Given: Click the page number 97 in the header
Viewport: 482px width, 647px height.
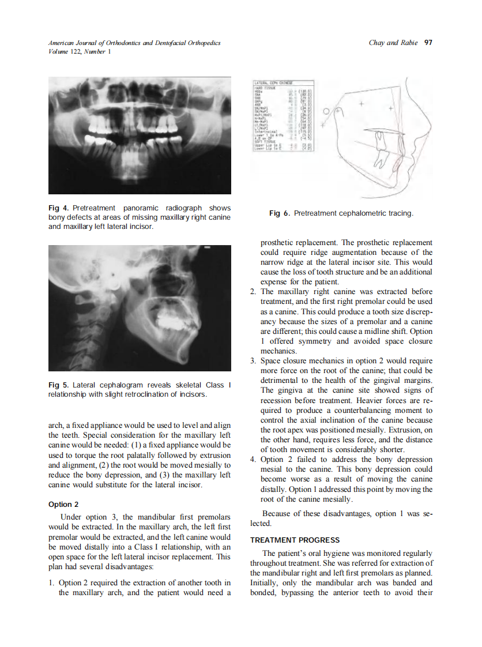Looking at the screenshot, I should click(x=428, y=43).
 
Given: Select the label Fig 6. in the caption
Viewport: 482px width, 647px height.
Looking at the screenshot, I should click(x=279, y=213).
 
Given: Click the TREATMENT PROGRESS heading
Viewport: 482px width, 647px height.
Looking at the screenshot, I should click(x=295, y=540).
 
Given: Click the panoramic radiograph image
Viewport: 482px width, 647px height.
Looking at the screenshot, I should click(x=140, y=136).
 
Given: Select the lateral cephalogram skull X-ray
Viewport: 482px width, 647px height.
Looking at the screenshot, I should click(x=140, y=307).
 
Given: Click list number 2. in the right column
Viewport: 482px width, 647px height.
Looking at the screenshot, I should click(x=253, y=292).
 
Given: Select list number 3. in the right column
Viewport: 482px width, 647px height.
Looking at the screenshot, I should click(x=253, y=361).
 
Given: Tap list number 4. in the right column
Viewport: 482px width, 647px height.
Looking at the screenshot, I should click(x=253, y=460).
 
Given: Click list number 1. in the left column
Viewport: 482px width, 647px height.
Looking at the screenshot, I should click(x=52, y=583).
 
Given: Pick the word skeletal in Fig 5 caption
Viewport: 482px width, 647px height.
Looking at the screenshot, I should click(x=180, y=385).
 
